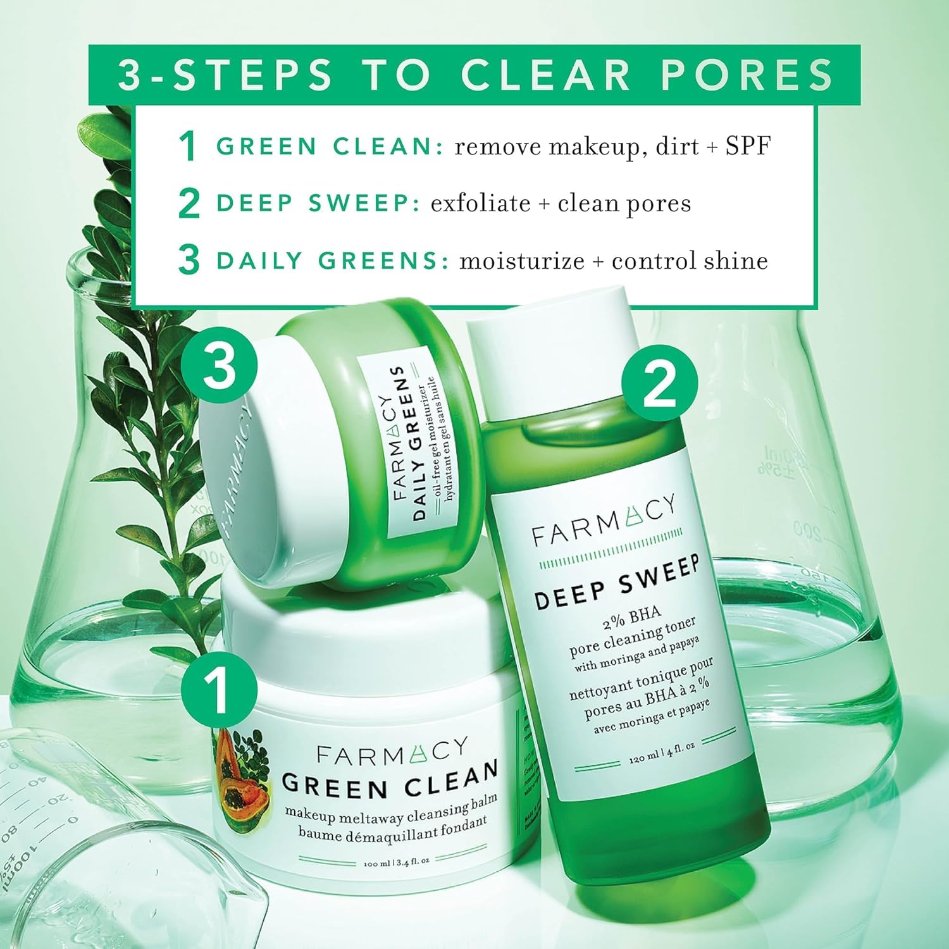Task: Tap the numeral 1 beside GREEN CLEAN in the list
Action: point(188,146)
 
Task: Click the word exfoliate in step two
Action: point(480,203)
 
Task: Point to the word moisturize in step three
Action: point(521,261)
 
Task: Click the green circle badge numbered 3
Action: point(219,367)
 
